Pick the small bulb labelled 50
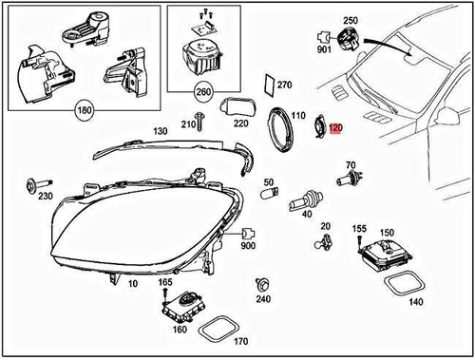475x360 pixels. (268, 195)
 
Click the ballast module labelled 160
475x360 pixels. (182, 305)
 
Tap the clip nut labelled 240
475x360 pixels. (261, 284)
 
